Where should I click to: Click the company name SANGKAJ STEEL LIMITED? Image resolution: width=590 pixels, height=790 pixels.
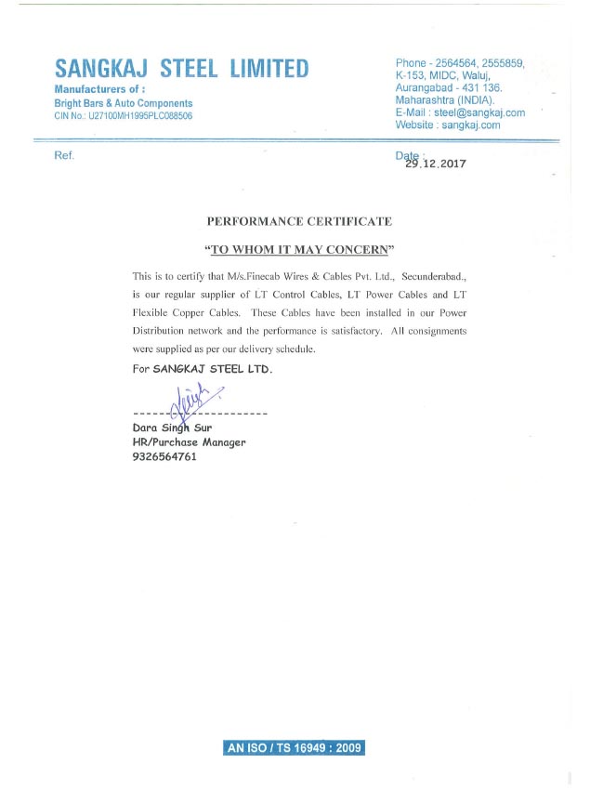tap(181, 69)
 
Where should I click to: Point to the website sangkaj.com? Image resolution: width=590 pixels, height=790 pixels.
tap(471, 125)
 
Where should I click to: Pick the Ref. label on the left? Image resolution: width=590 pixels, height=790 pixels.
tap(64, 155)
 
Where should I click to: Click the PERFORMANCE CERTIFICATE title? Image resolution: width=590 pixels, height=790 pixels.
tap(298, 221)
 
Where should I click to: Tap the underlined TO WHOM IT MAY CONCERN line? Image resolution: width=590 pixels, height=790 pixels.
tap(299, 250)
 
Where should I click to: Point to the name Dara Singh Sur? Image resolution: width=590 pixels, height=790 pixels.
tap(173, 428)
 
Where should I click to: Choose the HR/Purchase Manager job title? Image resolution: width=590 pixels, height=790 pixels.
tap(190, 442)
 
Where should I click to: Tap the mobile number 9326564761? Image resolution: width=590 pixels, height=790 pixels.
tap(165, 457)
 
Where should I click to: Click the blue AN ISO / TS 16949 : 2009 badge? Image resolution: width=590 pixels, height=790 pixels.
tap(295, 748)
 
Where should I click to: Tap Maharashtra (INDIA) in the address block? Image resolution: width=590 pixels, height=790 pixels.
tap(445, 99)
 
